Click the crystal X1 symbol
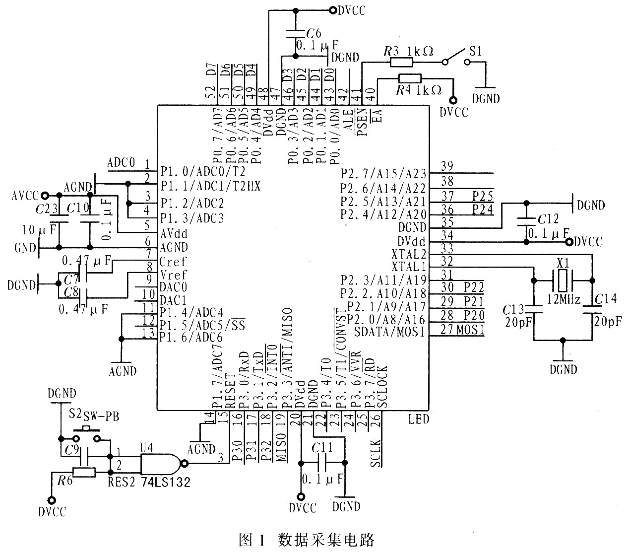562,280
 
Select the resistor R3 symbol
401,62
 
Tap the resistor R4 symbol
410,78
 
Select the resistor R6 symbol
84,472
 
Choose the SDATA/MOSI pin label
389,332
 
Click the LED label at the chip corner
419,419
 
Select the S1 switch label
475,51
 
